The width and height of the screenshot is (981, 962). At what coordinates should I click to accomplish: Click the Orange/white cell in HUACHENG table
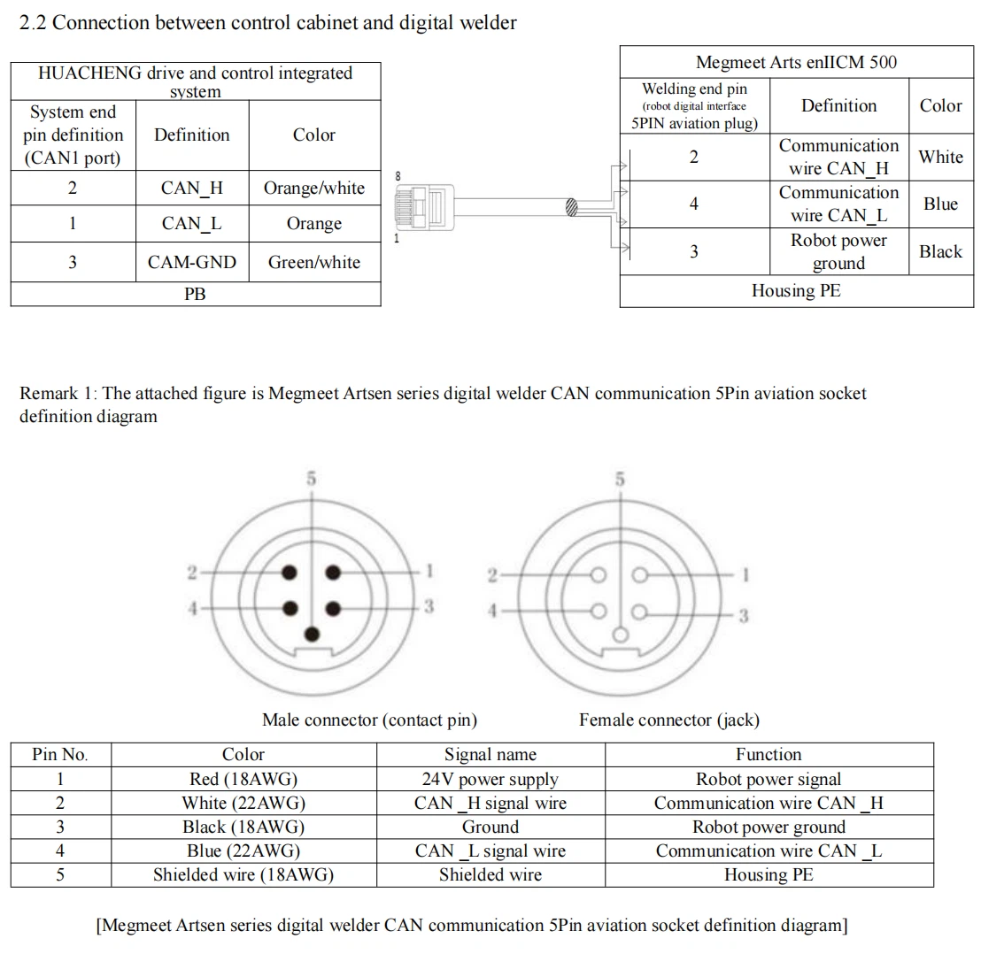point(314,188)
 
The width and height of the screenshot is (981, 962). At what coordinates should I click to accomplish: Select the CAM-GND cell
point(192,262)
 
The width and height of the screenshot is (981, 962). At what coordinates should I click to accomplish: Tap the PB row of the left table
point(195,294)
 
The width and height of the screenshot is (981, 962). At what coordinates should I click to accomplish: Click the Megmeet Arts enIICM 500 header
point(796,62)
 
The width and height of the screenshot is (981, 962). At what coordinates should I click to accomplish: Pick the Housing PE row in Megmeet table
point(796,290)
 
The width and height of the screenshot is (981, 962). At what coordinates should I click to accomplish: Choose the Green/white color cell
point(314,262)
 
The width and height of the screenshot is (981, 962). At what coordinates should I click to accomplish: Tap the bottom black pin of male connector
point(312,635)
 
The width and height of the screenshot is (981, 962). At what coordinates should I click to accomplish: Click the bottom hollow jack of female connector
point(621,635)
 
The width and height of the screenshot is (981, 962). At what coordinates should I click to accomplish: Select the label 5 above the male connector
point(312,479)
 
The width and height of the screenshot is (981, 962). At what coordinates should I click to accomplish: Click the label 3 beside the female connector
point(744,615)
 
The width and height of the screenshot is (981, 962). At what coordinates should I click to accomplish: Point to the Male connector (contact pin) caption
point(369,720)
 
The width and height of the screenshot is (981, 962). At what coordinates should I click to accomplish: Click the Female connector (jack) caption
point(669,720)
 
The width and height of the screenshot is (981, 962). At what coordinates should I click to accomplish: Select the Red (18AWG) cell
point(243,780)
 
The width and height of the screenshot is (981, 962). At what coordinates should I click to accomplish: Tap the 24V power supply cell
point(490,780)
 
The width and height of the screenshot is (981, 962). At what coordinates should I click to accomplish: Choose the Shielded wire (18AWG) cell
point(243,874)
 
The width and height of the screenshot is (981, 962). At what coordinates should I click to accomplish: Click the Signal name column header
point(490,755)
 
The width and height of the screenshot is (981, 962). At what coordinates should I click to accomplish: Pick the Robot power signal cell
point(769,780)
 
